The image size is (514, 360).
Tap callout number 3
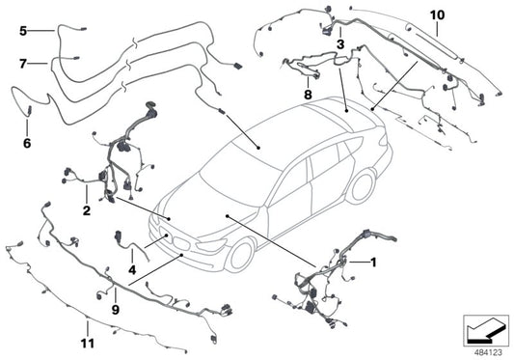point(340,44)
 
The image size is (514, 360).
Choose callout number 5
point(23,31)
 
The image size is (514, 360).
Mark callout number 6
point(26,144)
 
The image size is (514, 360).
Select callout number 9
point(114,310)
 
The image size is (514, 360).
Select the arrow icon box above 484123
point(485,328)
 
